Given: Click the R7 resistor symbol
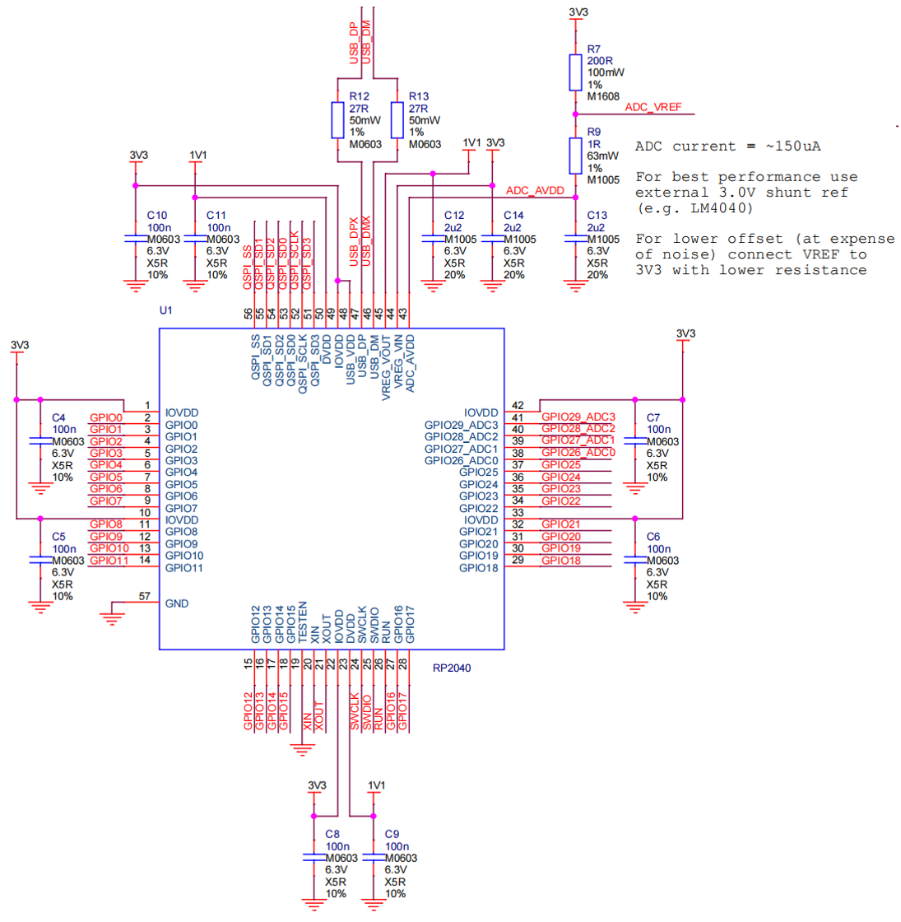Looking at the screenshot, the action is (575, 73).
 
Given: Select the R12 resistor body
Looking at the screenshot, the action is (337, 120).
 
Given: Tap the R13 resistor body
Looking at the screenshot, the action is (397, 120).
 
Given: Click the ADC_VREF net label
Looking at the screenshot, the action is (653, 107).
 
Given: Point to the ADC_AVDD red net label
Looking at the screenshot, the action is (535, 190).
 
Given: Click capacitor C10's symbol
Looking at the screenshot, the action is (136, 239).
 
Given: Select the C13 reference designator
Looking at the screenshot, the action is (597, 215).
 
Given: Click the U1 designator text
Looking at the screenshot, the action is (165, 310).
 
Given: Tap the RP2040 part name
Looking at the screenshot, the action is (452, 668).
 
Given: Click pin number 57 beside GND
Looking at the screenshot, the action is (145, 596).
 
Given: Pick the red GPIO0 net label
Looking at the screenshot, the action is (106, 418).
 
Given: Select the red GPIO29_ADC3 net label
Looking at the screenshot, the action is (578, 417).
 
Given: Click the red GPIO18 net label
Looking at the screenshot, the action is (560, 561).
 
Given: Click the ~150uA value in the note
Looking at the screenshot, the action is (793, 147).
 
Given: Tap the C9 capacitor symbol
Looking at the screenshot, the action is (374, 858).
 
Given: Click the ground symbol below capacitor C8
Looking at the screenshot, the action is (313, 905).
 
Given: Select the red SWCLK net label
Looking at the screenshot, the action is (355, 711).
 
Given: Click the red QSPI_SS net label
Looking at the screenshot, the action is (248, 268).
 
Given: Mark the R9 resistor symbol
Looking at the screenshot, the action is (575, 156).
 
